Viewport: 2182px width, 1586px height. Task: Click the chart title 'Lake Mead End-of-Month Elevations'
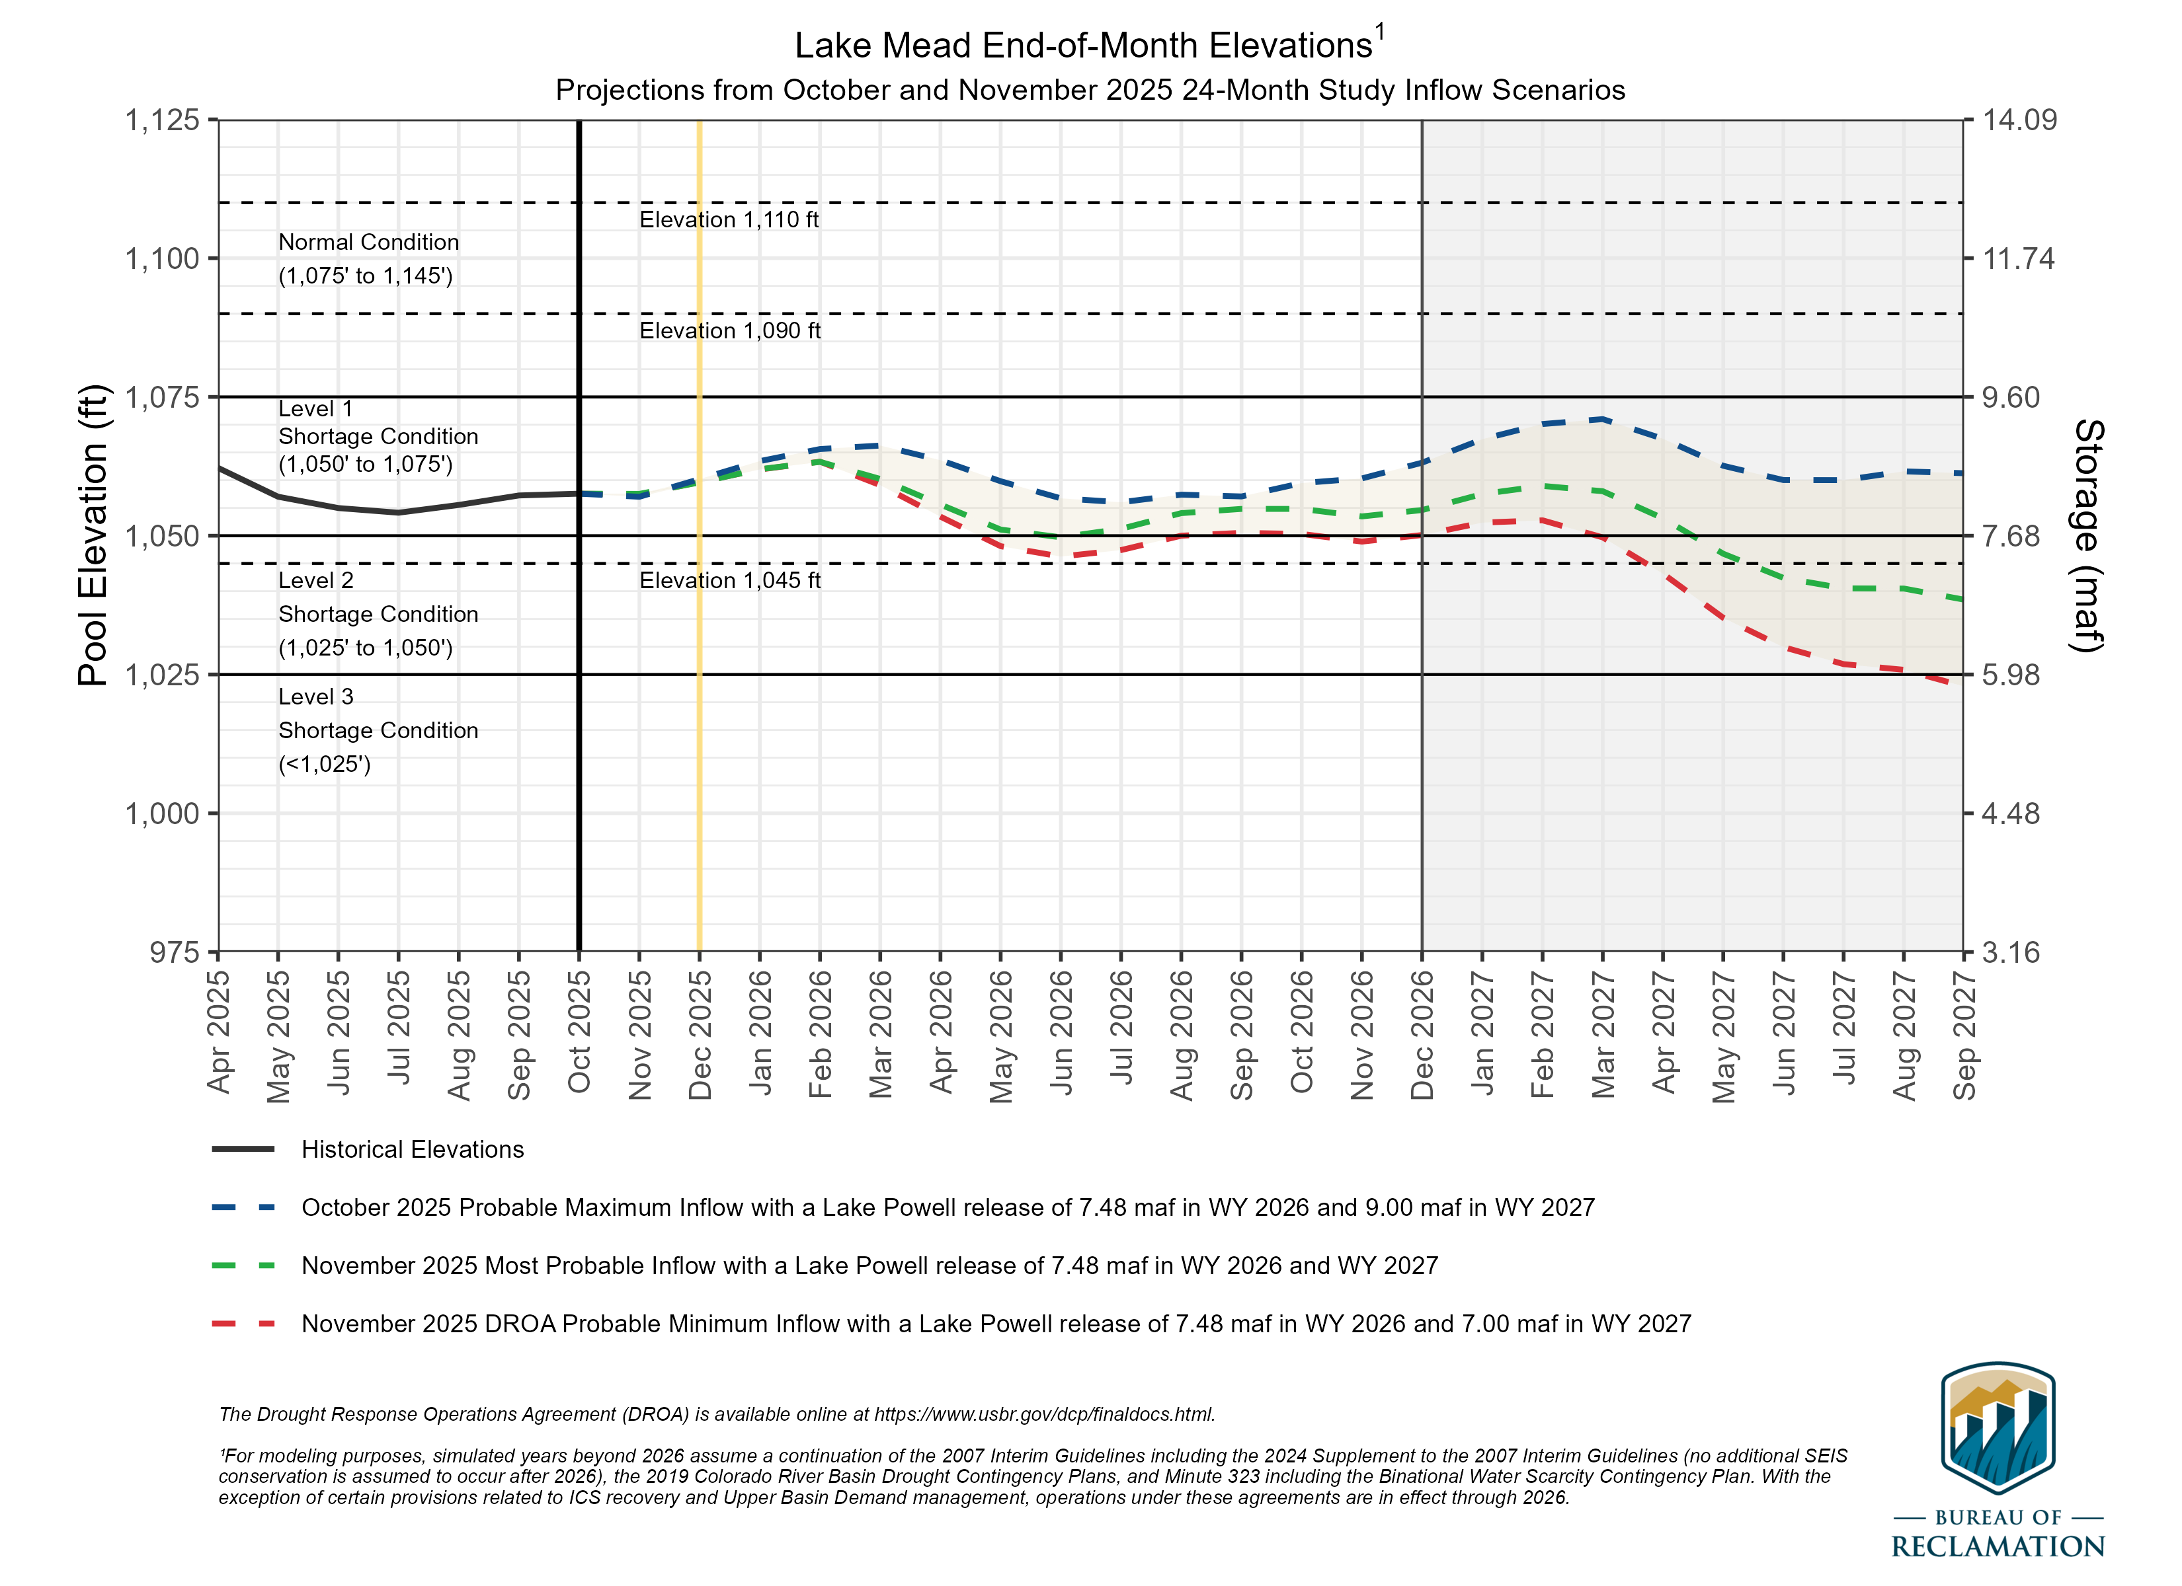point(1082,45)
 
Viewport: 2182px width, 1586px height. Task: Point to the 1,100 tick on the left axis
point(161,259)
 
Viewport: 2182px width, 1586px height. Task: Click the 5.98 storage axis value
point(2011,675)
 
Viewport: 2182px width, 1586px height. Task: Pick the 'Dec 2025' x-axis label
point(700,1035)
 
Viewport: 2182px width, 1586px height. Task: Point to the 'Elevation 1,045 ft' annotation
point(729,581)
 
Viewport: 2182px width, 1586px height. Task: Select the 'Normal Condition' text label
point(368,243)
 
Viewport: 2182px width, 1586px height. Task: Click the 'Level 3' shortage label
point(315,697)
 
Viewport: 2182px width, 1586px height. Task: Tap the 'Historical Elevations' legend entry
point(412,1149)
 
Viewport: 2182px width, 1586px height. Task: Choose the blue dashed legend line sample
point(243,1207)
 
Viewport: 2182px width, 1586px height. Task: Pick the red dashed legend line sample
point(243,1324)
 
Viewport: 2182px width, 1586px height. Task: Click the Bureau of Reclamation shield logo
point(1998,1427)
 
